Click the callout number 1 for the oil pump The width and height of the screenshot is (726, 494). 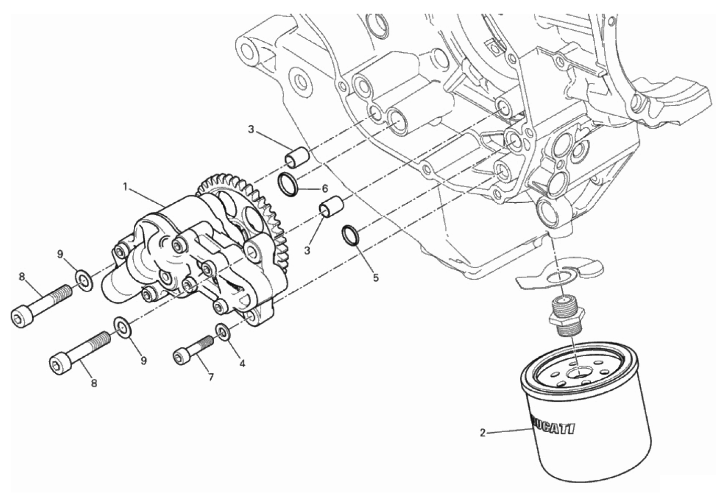click(x=125, y=187)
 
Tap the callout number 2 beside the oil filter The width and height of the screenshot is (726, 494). click(x=483, y=433)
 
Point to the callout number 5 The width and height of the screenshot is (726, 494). click(x=376, y=278)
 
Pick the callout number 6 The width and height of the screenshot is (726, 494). click(x=325, y=188)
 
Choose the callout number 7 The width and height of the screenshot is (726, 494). click(x=211, y=377)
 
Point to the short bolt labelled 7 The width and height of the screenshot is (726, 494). click(x=194, y=350)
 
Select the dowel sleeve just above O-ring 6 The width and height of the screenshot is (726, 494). click(x=297, y=157)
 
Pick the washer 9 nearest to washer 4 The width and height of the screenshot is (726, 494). click(x=123, y=327)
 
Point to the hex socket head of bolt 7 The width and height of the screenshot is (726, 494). click(x=180, y=358)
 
